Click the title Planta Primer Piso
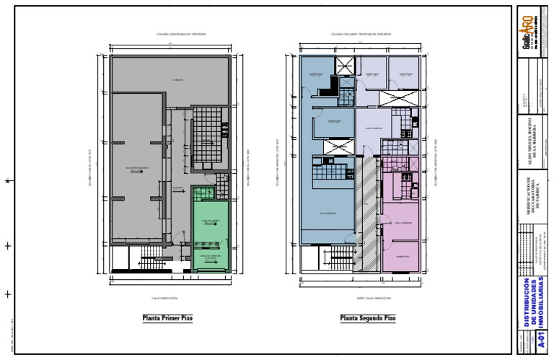pos(168,318)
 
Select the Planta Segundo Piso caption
pos(368,318)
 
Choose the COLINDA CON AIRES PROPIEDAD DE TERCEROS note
pos(361,34)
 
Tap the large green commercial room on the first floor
pos(210,224)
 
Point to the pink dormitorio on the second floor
pos(402,256)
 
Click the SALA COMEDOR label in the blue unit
pos(327,213)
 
